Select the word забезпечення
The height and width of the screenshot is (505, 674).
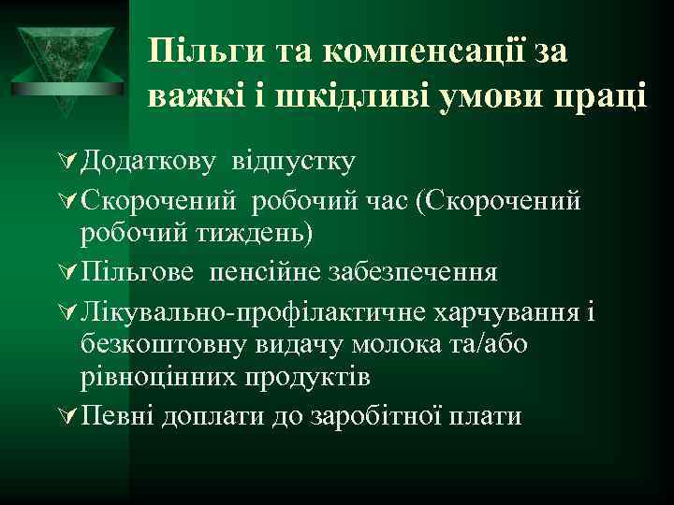click(x=413, y=272)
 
